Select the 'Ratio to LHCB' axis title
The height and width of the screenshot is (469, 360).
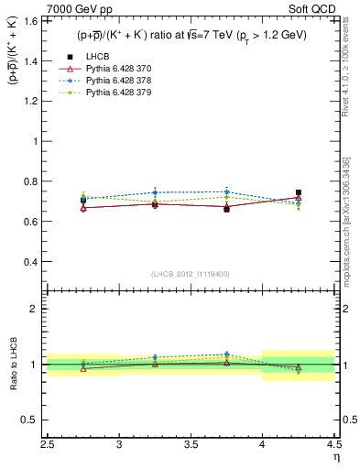coord(12,364)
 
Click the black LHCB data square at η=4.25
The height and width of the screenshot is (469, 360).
coord(299,193)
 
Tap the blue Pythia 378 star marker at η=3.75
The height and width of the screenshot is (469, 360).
coord(226,191)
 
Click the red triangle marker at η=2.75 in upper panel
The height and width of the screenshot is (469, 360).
coord(83,208)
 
